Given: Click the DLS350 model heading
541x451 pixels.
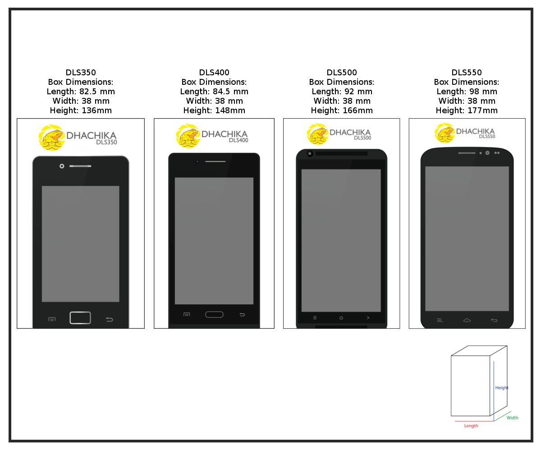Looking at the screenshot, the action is pos(81,72).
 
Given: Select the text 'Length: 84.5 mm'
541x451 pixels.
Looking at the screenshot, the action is pos(214,92).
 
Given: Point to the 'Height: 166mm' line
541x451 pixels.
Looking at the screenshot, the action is pos(341,110).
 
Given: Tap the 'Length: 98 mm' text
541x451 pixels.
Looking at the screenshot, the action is pos(467,92).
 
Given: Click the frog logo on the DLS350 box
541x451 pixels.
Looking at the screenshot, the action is pos(51,138).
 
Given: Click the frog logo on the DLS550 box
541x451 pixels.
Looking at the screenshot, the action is pos(445,133).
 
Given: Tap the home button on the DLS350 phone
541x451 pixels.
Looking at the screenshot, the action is pos(80,318).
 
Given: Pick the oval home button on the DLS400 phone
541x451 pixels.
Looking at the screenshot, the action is pos(214,314).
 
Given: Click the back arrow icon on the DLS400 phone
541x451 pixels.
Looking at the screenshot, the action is pos(242,315).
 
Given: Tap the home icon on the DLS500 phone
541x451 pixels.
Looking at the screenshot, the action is pos(341,318).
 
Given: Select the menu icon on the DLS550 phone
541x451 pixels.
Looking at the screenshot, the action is pos(440,320).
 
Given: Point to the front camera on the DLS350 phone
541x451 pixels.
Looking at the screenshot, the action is pos(62,166).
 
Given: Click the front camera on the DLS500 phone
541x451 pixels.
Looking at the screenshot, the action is pos(310,154).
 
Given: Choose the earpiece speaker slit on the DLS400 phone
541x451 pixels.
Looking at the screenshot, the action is pos(215,161).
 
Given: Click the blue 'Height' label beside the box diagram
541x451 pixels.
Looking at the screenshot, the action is pos(502,388).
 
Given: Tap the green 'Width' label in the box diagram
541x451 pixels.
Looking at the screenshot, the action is pos(512,418).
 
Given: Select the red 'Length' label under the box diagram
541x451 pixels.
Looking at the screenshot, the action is pos(471,426).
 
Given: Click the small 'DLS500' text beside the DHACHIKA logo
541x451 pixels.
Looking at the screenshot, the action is pos(362,138).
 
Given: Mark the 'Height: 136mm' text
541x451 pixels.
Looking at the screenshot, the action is pos(81,110).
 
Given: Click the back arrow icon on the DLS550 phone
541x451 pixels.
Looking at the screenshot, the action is pos(494,320).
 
